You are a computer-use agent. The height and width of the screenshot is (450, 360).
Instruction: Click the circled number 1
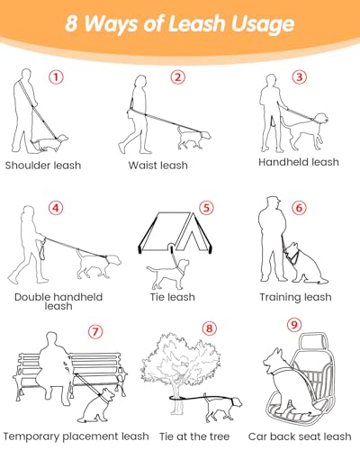coord(56,77)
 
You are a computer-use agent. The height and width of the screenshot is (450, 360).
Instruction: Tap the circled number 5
coord(207,208)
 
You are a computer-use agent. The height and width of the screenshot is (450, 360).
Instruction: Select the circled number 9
coord(294,325)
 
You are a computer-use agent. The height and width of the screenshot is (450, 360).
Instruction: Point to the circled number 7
coord(95,331)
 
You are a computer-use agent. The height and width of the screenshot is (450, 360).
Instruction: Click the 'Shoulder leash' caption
coord(43,166)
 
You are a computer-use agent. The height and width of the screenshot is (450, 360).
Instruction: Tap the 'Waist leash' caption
coord(158,166)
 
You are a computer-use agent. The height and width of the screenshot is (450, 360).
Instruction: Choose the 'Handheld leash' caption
coord(299,162)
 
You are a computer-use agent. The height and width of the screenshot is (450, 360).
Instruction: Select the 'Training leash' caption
coord(296,297)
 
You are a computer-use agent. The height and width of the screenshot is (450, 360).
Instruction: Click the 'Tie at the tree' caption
coord(194,436)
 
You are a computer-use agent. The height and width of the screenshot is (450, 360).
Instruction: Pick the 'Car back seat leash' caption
coord(300,436)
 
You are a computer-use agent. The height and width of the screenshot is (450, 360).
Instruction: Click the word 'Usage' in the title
coord(263,24)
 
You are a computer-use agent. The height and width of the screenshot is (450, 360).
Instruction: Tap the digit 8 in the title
coord(71,23)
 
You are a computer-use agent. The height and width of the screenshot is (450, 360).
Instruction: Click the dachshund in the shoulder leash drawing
coord(49,142)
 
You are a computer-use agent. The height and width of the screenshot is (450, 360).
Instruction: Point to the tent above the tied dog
coord(176,232)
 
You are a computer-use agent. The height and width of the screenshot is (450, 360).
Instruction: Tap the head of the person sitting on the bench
coord(51,339)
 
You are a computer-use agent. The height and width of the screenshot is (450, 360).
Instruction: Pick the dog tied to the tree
coord(222,408)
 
